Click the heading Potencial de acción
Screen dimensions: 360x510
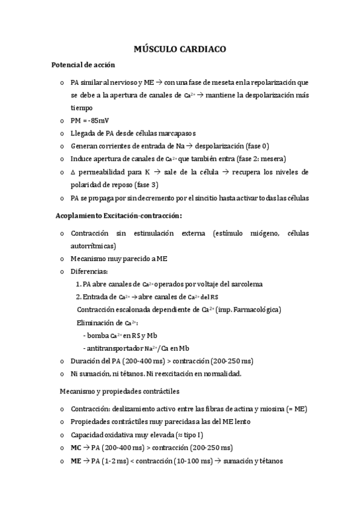(84, 64)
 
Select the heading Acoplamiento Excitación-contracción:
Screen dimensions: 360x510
(118, 215)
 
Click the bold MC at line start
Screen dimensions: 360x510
(76, 448)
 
